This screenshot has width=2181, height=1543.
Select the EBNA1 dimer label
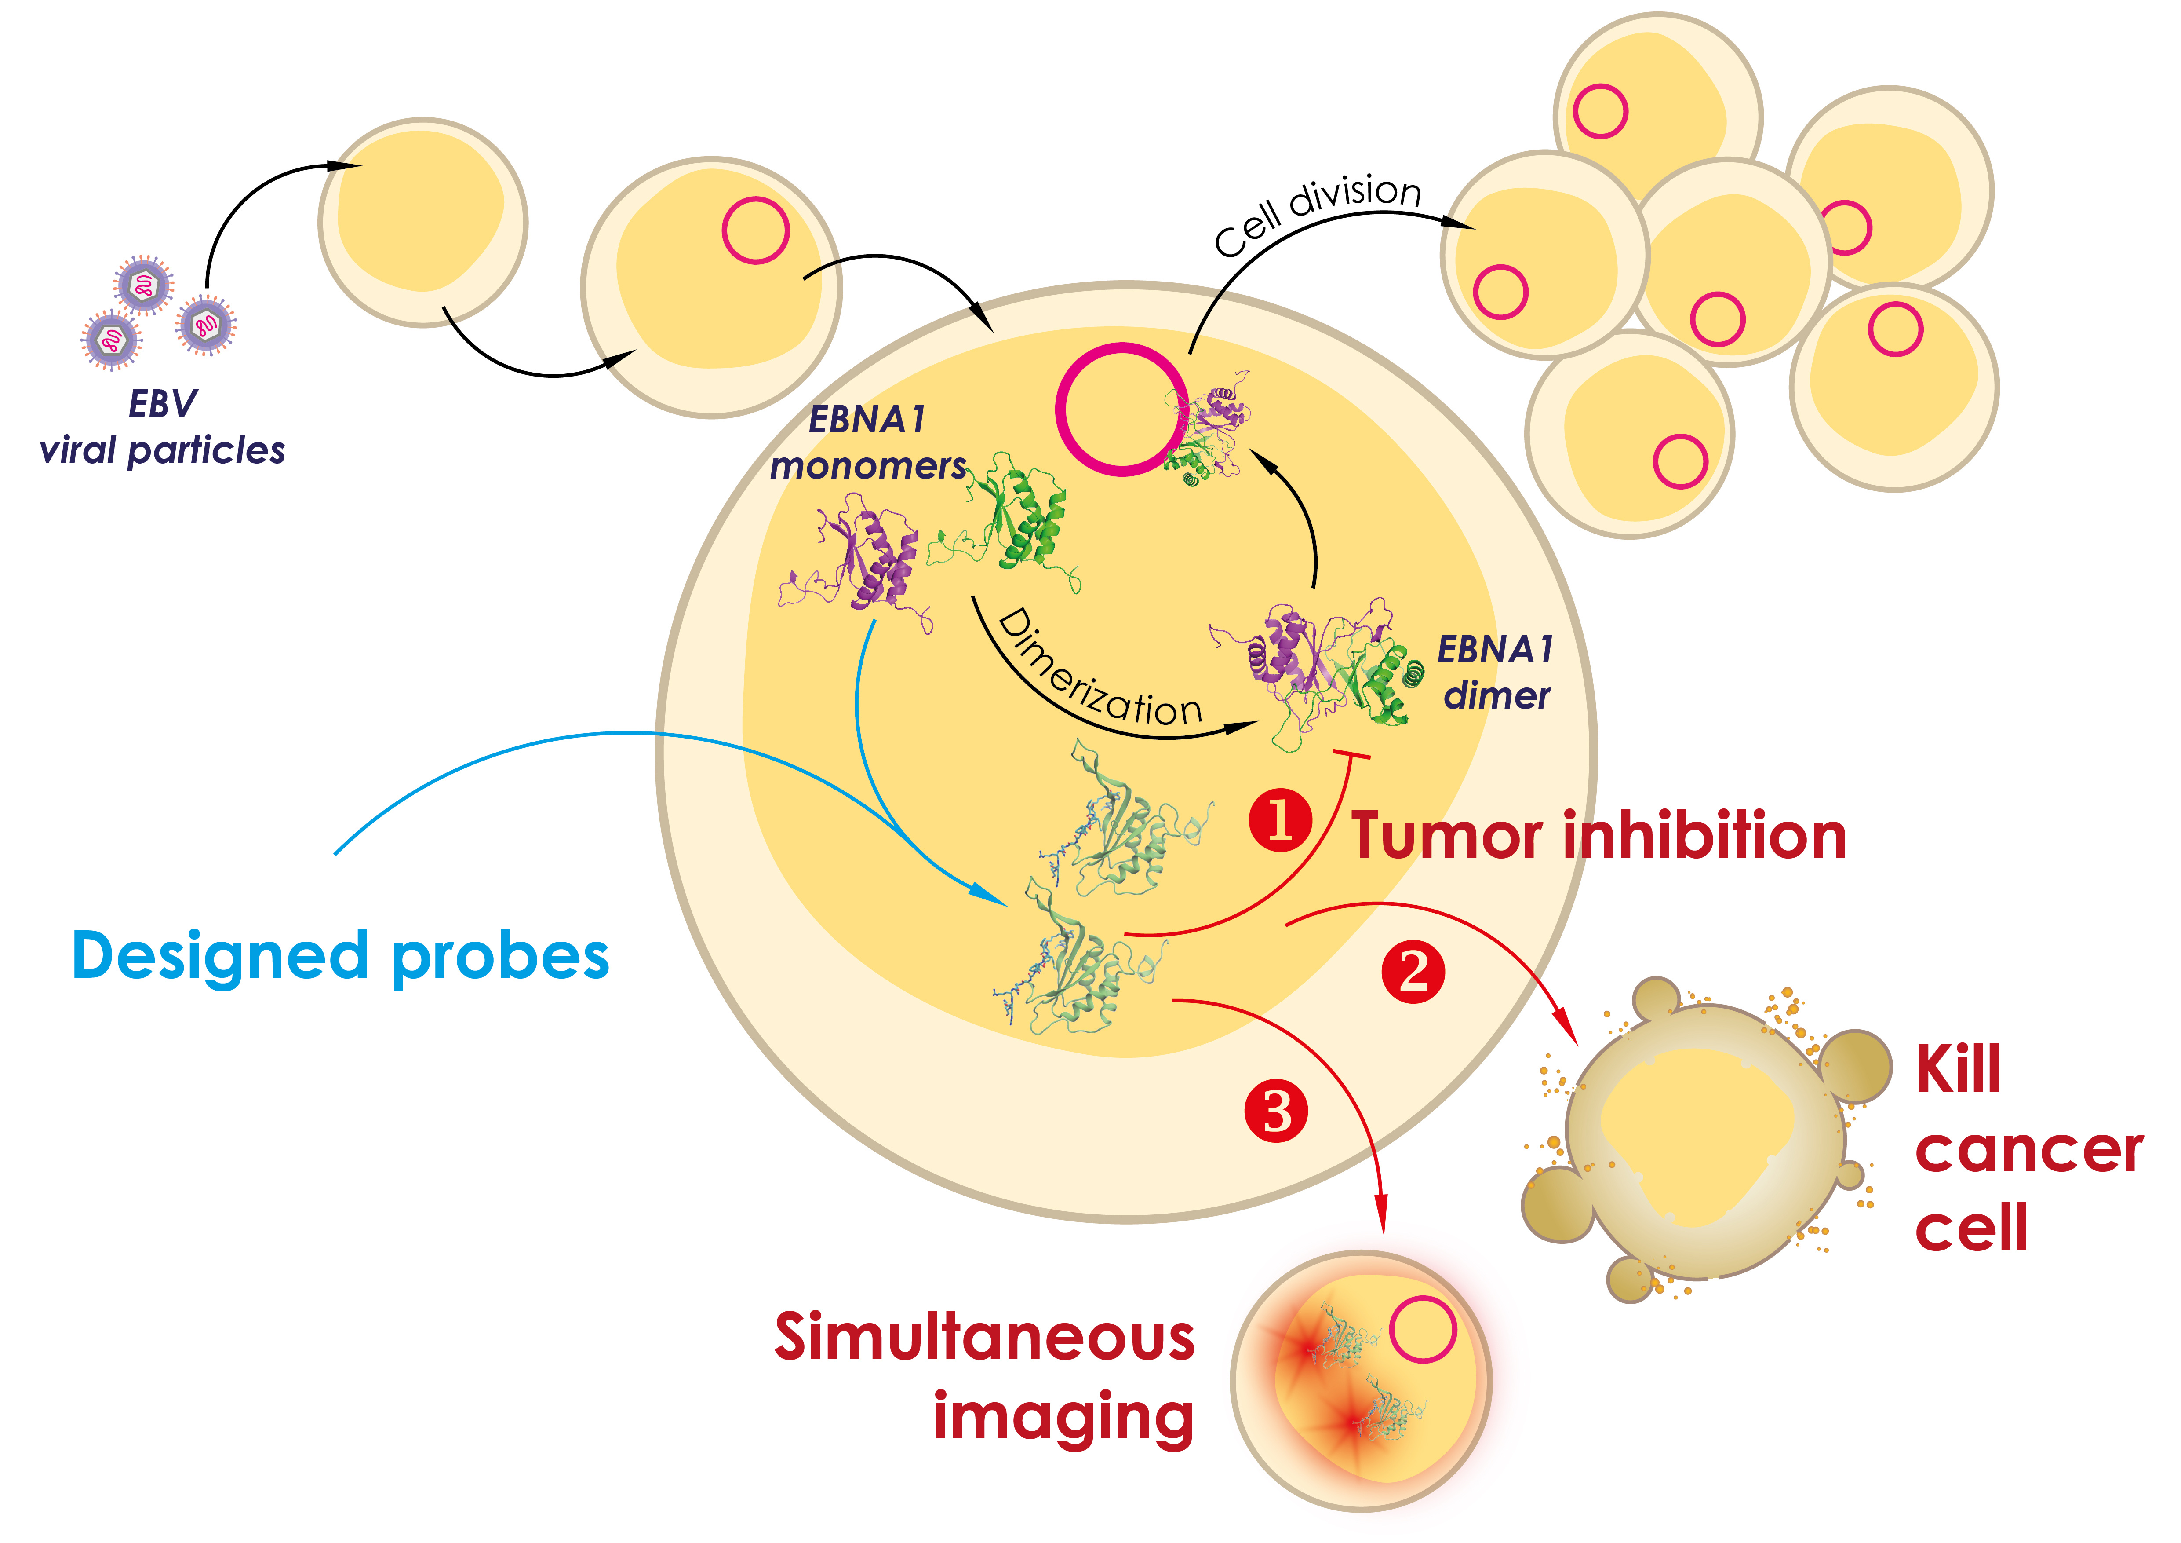1496,672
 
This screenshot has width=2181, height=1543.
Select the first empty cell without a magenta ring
423,222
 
